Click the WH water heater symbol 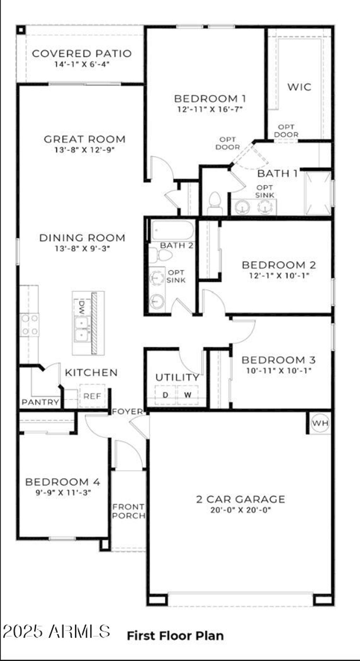(320, 423)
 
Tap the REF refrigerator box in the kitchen (92, 396)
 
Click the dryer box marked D (166, 395)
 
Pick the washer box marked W (188, 395)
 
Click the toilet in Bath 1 (214, 204)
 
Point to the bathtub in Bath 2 (173, 230)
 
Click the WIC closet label (299, 87)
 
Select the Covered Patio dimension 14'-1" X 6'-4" (82, 64)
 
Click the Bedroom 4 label (63, 482)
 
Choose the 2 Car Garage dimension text (240, 510)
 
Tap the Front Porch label (129, 511)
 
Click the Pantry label (40, 402)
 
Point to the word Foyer (128, 411)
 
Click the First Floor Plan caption (175, 636)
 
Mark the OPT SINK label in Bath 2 (176, 276)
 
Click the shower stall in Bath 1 (318, 193)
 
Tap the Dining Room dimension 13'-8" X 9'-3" (82, 248)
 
